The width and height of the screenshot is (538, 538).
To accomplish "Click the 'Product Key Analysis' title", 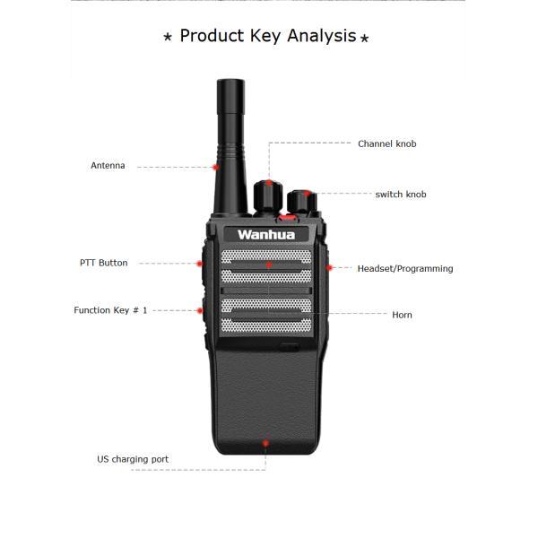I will [267, 36].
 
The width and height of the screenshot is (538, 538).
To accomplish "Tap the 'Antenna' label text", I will [108, 166].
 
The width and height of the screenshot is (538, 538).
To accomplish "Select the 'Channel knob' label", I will [386, 143].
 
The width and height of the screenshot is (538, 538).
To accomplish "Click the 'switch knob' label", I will [401, 195].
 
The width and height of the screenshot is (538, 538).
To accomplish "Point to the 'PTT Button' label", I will [103, 263].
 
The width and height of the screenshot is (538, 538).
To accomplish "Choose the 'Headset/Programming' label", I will [404, 268].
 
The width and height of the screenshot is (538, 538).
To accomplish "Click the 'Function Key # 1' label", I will [110, 310].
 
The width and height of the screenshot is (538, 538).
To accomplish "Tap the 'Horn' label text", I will [402, 315].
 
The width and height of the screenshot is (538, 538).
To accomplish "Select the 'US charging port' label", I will [132, 459].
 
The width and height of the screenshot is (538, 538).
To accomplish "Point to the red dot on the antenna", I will [216, 166].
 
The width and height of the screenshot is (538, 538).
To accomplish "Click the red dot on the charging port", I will [265, 441].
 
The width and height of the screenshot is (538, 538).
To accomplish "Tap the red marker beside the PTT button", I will [199, 263].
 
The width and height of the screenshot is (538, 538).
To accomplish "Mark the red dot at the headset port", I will [330, 267].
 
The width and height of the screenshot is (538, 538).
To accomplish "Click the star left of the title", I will [168, 38].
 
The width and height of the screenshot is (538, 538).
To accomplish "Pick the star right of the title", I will [364, 38].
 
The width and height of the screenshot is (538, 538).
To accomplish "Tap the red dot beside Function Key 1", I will [199, 310].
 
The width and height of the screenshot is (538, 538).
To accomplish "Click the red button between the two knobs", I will [285, 216].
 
